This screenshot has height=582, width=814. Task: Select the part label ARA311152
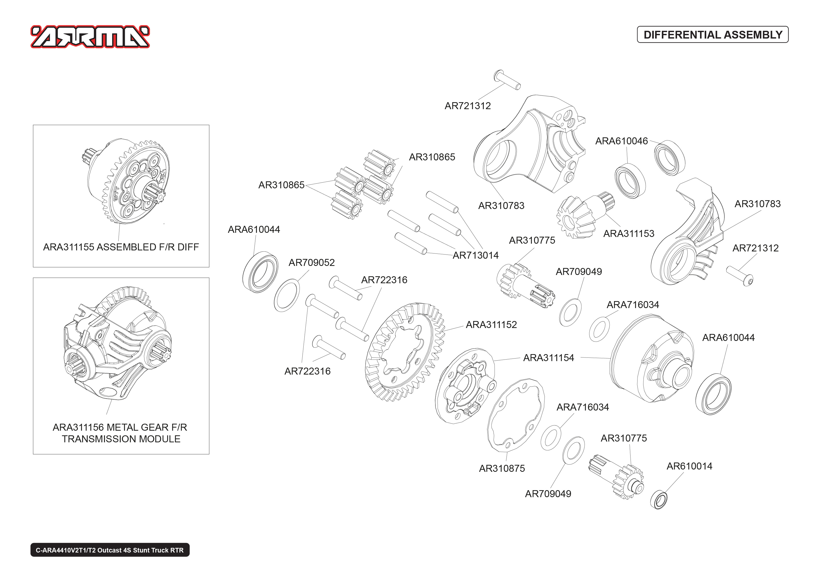491,325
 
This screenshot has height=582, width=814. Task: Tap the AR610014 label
689,466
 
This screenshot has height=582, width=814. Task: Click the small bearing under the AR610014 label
659,500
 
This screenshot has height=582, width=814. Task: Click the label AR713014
475,256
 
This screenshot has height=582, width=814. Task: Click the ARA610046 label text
621,141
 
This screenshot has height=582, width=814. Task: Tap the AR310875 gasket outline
516,415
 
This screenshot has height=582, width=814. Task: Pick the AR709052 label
311,263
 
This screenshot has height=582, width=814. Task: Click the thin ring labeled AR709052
287,295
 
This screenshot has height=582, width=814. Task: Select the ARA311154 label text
548,358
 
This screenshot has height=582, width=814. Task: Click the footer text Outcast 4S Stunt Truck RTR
140,550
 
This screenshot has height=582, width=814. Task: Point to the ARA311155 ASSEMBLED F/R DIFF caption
121,247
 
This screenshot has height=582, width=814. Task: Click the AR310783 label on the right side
757,204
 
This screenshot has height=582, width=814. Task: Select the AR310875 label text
502,468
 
